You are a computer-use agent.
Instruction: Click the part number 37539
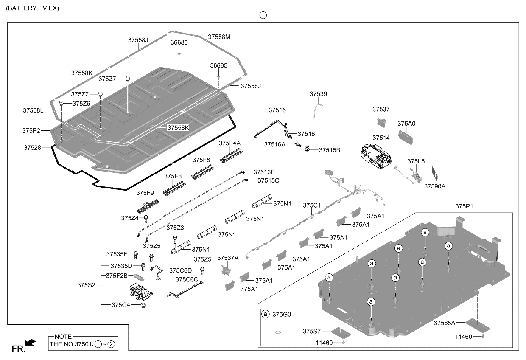pyautogui.click(x=318, y=94)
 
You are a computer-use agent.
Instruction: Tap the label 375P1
pyautogui.click(x=464, y=206)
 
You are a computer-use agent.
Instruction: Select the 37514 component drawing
pyautogui.click(x=376, y=156)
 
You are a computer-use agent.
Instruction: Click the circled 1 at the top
pyautogui.click(x=263, y=15)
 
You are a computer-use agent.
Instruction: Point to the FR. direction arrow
pyautogui.click(x=30, y=343)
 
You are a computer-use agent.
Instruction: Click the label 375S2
pyautogui.click(x=87, y=285)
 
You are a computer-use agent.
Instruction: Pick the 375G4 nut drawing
pyautogui.click(x=143, y=305)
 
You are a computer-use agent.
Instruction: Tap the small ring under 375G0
pyautogui.click(x=278, y=332)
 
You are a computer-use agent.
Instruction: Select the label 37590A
pyautogui.click(x=435, y=186)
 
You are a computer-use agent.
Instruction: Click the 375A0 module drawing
pyautogui.click(x=405, y=138)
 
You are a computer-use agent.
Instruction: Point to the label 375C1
pyautogui.click(x=312, y=205)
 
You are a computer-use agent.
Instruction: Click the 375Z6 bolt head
pyautogui.click(x=61, y=103)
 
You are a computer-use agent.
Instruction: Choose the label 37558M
pyautogui.click(x=219, y=37)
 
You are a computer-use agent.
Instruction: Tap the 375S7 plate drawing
pyautogui.click(x=341, y=332)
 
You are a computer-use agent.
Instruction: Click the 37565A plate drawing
pyautogui.click(x=478, y=325)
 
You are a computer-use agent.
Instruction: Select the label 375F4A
pyautogui.click(x=229, y=143)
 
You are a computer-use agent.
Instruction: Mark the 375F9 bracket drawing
pyautogui.click(x=148, y=206)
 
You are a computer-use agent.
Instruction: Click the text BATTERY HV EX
pyautogui.click(x=32, y=8)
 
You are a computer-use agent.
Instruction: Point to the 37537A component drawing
pyautogui.click(x=226, y=270)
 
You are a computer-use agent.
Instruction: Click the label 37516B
pyautogui.click(x=264, y=172)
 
